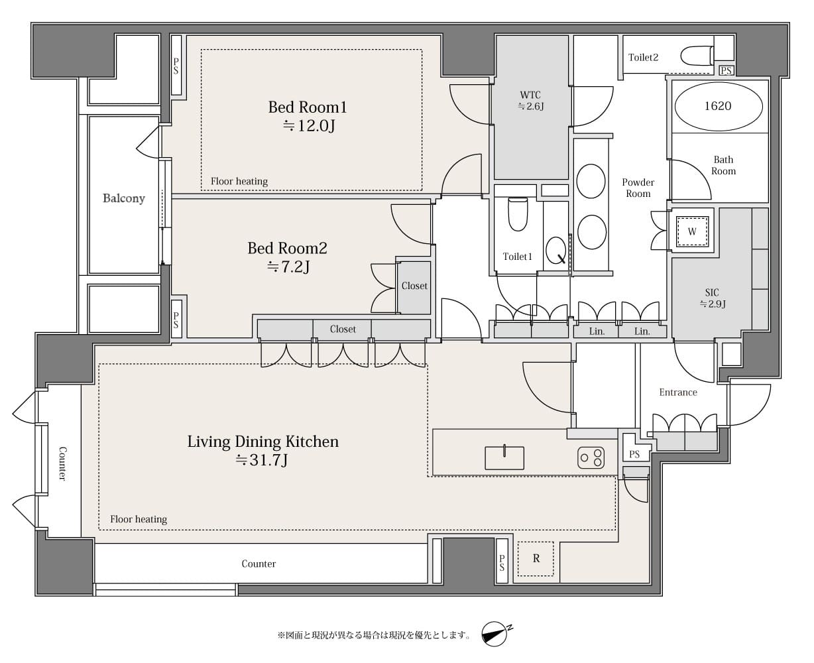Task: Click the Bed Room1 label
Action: (x=308, y=107)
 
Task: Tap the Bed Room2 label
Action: (x=288, y=249)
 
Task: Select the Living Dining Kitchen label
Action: (x=263, y=442)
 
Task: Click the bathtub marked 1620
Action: (x=719, y=106)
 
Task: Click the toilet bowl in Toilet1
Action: (x=518, y=214)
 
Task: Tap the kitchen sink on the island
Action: (x=504, y=457)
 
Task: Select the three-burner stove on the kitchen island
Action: (x=591, y=457)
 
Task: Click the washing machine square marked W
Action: (x=692, y=231)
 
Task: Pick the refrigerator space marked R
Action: (x=536, y=559)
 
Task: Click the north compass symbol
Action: (x=495, y=634)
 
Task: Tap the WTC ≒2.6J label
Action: (x=530, y=101)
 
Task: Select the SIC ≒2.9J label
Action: (x=713, y=298)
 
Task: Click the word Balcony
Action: (x=124, y=198)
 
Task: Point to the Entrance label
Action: (x=678, y=392)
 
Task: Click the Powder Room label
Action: (x=638, y=188)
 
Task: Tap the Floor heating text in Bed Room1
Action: (x=239, y=181)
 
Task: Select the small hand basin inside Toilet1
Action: (x=555, y=251)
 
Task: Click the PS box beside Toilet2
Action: (x=726, y=70)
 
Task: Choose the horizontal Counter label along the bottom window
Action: (x=259, y=564)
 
